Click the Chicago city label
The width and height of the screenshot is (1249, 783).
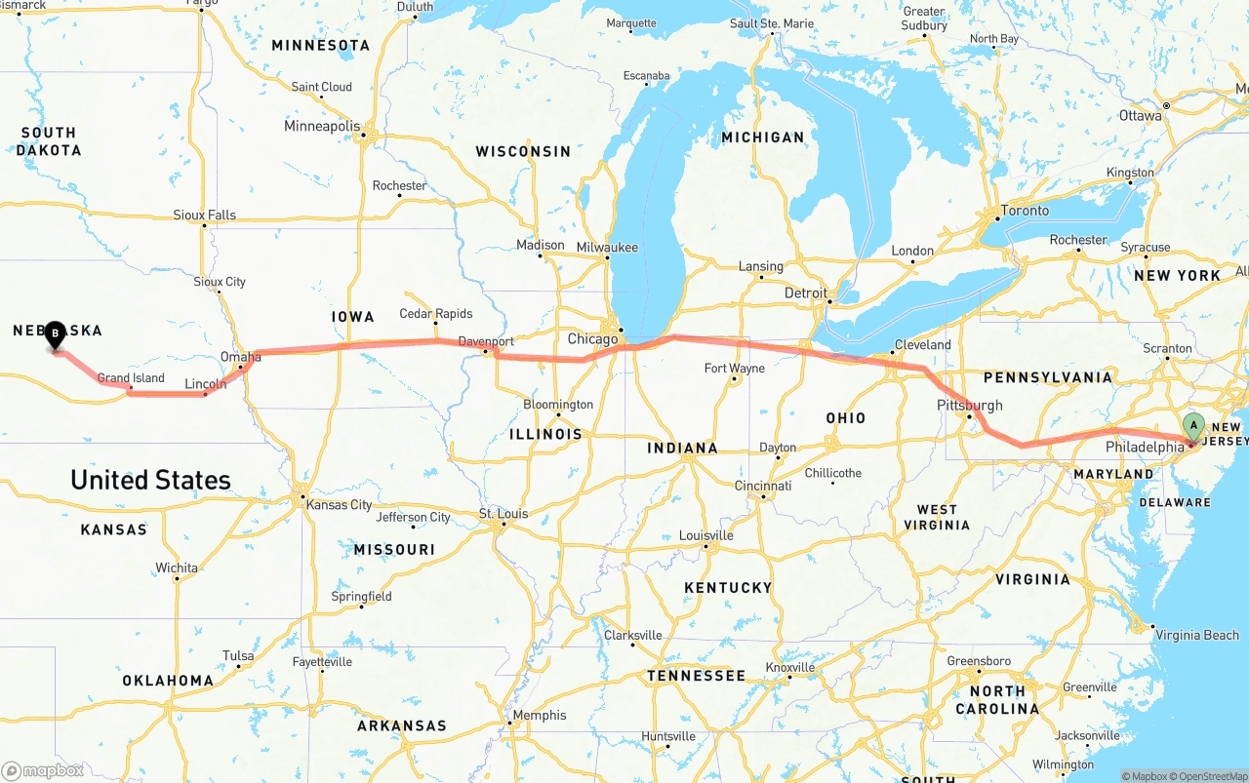pyautogui.click(x=593, y=339)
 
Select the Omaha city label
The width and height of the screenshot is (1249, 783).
pyautogui.click(x=240, y=357)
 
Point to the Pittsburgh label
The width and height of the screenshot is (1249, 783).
pyautogui.click(x=970, y=405)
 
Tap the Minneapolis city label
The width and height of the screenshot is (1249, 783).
pyautogui.click(x=322, y=126)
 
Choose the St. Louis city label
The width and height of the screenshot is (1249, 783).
pyautogui.click(x=504, y=514)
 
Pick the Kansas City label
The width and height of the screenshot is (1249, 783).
pyautogui.click(x=339, y=505)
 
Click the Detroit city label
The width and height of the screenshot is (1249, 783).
pyautogui.click(x=806, y=293)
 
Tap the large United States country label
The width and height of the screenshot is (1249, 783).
pyautogui.click(x=150, y=480)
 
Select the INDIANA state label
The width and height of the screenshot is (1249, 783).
pyautogui.click(x=682, y=449)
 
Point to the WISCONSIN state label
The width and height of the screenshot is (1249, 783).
pyautogui.click(x=523, y=151)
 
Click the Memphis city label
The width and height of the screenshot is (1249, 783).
pyautogui.click(x=540, y=715)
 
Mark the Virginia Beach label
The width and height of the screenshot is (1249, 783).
pyautogui.click(x=1197, y=635)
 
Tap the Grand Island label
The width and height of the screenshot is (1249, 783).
pyautogui.click(x=131, y=378)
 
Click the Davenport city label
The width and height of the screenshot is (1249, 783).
pyautogui.click(x=486, y=341)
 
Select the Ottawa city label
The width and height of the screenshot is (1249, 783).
pyautogui.click(x=1140, y=115)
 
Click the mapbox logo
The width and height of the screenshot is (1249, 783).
pyautogui.click(x=43, y=770)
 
